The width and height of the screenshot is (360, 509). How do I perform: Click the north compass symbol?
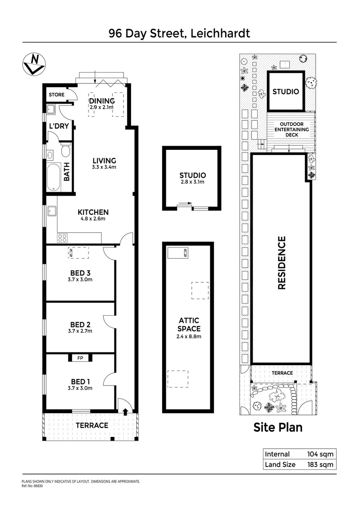(34, 64)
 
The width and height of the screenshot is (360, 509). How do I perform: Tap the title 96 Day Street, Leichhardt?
(180, 33)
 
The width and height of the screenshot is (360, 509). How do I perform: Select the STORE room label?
(57, 95)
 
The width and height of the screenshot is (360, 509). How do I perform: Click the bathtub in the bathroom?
(54, 177)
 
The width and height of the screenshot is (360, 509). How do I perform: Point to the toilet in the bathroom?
(65, 150)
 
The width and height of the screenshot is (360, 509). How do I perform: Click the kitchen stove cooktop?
(62, 238)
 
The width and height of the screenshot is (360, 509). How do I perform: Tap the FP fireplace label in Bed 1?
(80, 358)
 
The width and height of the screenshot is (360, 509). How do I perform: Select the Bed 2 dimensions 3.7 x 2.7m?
(81, 331)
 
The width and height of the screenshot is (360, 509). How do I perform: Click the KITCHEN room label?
(93, 212)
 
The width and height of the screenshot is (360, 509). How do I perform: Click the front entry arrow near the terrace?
(125, 411)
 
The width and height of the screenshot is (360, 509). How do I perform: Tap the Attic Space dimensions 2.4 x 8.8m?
(189, 337)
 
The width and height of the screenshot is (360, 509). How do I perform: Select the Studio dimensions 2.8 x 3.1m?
(192, 183)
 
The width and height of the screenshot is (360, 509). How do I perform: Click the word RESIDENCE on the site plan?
(282, 263)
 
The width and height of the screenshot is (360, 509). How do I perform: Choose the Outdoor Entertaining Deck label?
(291, 130)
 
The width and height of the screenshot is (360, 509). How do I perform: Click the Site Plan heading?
(278, 427)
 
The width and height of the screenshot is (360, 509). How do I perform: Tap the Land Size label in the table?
(280, 465)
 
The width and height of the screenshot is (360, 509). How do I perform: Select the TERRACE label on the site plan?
(282, 373)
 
